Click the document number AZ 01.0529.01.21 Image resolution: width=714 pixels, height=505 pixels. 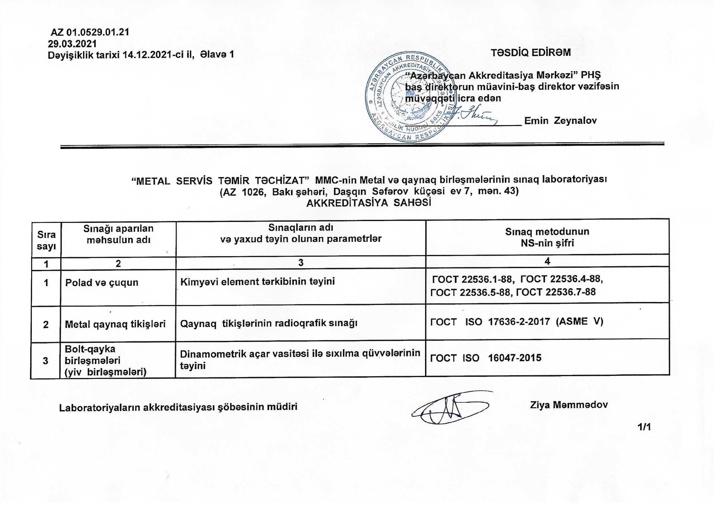click(90, 32)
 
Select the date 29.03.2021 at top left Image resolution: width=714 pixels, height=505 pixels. click(72, 43)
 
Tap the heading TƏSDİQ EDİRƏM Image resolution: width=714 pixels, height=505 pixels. click(531, 53)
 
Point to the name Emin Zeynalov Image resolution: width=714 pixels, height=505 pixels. click(560, 121)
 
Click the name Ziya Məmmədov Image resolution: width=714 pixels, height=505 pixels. click(569, 405)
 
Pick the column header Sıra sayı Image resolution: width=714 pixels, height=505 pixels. click(46, 240)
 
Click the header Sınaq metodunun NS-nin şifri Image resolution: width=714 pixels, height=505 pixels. click(547, 237)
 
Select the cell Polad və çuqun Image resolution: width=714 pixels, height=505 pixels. click(102, 283)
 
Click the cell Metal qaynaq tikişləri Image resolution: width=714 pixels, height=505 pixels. click(115, 324)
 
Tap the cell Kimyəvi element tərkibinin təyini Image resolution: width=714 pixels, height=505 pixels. click(257, 282)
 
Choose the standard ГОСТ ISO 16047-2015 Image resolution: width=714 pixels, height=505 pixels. click(486, 358)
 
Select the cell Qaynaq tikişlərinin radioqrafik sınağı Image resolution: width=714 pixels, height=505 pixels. click(269, 323)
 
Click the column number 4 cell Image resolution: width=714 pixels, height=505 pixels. click(547, 261)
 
